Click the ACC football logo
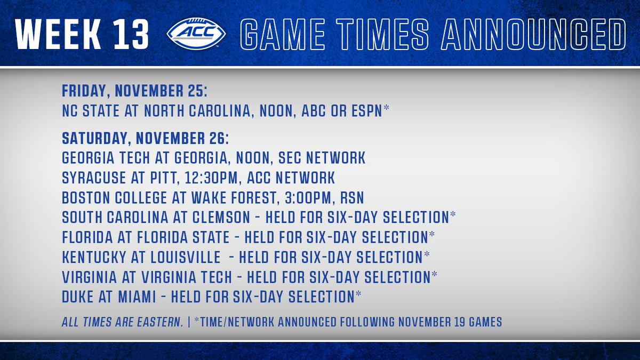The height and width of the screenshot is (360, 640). click(196, 34)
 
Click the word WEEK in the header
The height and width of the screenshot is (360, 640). click(58, 34)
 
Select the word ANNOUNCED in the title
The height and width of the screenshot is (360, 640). click(533, 34)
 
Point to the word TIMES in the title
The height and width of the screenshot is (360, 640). click(382, 34)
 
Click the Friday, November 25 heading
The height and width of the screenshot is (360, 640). click(134, 91)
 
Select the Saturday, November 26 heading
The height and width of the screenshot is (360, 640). click(146, 139)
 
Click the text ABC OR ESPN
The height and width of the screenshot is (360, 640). click(342, 111)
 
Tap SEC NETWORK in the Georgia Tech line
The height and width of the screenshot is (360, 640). click(322, 158)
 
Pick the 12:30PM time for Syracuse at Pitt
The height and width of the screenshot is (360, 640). click(211, 178)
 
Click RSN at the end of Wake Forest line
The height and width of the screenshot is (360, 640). click(352, 198)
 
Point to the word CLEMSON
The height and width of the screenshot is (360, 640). click(221, 218)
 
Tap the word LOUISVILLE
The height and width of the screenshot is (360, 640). click(186, 258)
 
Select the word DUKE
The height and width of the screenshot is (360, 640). click(78, 297)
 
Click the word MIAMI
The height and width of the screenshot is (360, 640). click(137, 297)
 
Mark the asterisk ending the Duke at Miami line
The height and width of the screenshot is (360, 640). click(358, 294)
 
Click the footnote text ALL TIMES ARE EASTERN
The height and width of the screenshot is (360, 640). click(122, 322)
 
